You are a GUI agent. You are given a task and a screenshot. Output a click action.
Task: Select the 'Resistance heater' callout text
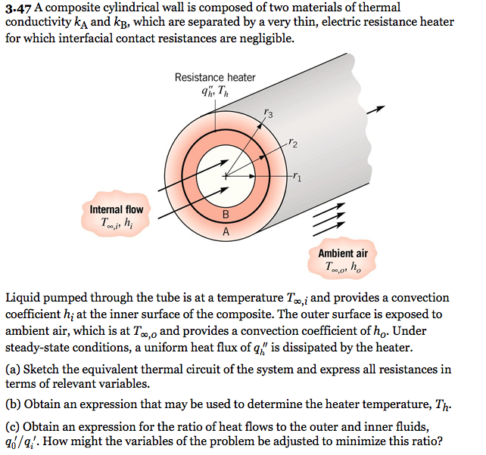point(215,77)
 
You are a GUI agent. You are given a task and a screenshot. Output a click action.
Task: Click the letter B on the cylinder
point(225,215)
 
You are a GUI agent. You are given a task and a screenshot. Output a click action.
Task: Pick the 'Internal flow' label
point(116,209)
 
